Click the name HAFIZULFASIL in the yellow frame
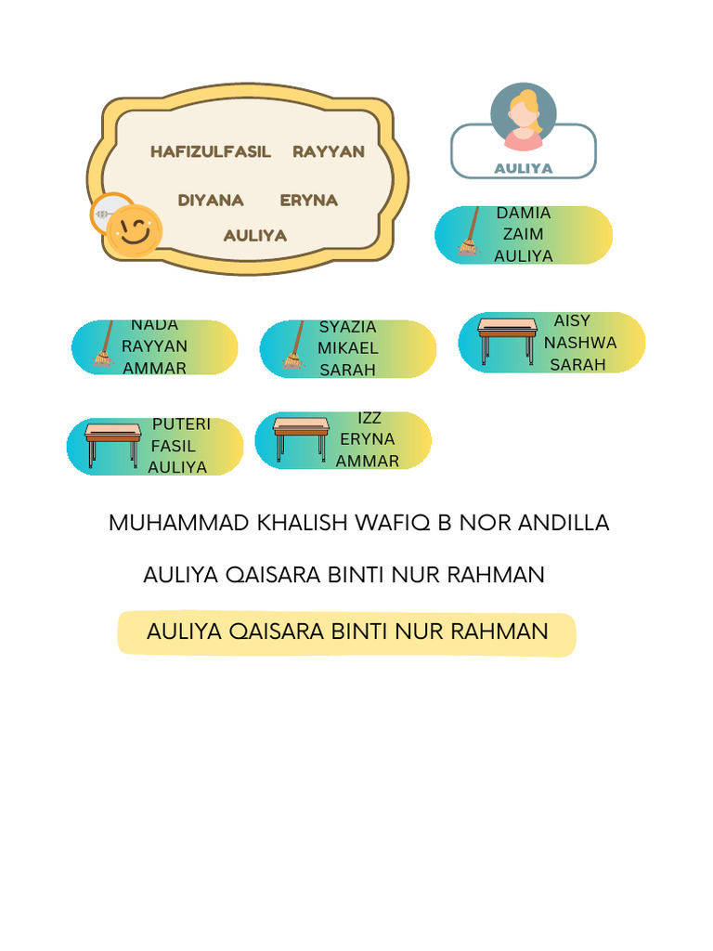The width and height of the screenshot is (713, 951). (210, 151)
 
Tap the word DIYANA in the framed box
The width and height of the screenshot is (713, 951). (211, 200)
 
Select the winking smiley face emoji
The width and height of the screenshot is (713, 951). (135, 230)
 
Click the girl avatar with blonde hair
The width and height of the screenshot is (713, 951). (524, 118)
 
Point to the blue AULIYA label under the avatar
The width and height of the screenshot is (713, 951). (524, 168)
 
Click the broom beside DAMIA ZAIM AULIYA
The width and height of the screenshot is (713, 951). (470, 234)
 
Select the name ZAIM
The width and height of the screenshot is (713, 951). (523, 234)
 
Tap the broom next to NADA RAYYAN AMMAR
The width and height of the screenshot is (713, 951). (103, 346)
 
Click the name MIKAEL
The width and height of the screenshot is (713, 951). (347, 348)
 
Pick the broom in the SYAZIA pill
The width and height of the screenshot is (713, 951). (293, 348)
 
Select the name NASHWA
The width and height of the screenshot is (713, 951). (580, 343)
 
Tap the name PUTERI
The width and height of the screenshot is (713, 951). (181, 424)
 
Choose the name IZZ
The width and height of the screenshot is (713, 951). (369, 418)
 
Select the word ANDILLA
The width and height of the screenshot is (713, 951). (565, 523)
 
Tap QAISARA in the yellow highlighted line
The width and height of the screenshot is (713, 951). (274, 632)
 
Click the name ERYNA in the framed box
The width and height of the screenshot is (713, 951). (308, 200)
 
